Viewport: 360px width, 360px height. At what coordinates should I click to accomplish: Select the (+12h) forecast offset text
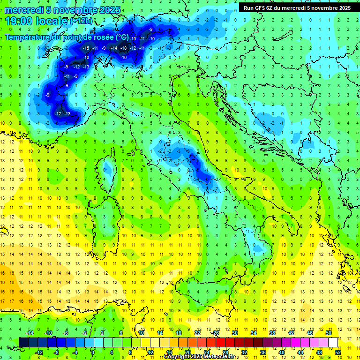point(81,21)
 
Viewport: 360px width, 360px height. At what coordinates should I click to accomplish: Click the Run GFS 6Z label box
point(296,8)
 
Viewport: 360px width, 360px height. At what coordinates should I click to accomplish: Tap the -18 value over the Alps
point(123,48)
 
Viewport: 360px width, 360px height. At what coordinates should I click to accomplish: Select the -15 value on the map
point(86,48)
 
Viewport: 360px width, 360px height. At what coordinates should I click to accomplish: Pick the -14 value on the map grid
point(114,48)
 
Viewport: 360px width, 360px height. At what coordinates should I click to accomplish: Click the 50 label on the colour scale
point(328,333)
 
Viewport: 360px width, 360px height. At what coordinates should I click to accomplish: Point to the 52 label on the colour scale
point(337,352)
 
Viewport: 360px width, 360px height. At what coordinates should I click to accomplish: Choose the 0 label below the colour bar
point(92,352)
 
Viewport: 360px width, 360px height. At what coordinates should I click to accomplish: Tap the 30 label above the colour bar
point(234,333)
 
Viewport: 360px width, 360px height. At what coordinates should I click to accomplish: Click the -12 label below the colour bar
point(39,352)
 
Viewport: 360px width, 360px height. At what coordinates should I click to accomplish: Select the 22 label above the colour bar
point(197,333)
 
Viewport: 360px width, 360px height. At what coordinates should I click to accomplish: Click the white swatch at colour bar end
point(333,343)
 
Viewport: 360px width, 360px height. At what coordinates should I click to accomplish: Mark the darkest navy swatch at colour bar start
point(23,343)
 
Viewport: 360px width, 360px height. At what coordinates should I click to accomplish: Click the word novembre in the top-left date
point(75,10)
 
